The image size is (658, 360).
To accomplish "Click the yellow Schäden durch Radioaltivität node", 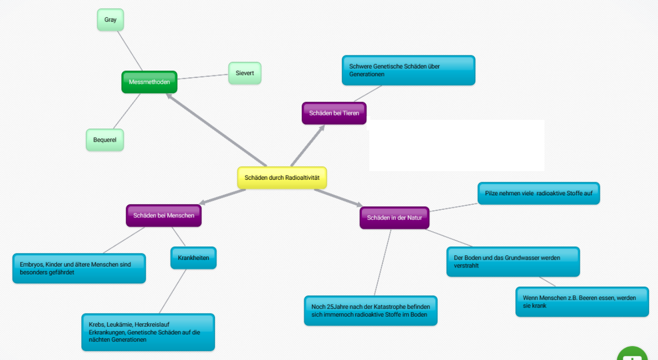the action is pyautogui.click(x=282, y=178).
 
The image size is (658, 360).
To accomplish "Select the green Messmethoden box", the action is pyautogui.click(x=149, y=82).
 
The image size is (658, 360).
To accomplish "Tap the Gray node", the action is pyautogui.click(x=110, y=20).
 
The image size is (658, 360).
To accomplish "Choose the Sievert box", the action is pyautogui.click(x=245, y=73).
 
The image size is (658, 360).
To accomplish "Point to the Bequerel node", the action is pyautogui.click(x=105, y=140).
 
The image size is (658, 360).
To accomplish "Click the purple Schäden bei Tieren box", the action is pyautogui.click(x=334, y=113).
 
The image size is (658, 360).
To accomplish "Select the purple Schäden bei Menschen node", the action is pyautogui.click(x=164, y=216).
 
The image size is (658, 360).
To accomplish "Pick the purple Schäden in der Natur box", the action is pyautogui.click(x=394, y=218).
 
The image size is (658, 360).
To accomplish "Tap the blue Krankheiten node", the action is pyautogui.click(x=194, y=258).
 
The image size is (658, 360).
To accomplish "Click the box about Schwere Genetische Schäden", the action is pyautogui.click(x=409, y=70).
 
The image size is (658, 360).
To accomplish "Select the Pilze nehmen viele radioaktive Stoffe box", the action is pyautogui.click(x=539, y=194).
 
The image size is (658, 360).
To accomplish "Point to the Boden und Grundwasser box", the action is pyautogui.click(x=513, y=262).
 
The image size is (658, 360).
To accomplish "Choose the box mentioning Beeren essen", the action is pyautogui.click(x=582, y=302).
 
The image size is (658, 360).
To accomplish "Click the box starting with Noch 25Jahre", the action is pyautogui.click(x=371, y=311).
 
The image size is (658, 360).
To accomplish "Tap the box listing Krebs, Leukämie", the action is pyautogui.click(x=148, y=332).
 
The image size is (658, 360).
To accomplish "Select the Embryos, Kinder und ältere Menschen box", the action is pyautogui.click(x=79, y=268).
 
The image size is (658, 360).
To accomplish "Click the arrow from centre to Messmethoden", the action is pyautogui.click(x=217, y=130).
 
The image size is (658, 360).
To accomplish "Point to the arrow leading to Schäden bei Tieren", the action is pyautogui.click(x=308, y=146).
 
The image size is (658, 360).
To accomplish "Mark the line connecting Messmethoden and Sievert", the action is pyautogui.click(x=203, y=77).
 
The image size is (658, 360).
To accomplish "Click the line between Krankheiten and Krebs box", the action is pyautogui.click(x=173, y=291).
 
